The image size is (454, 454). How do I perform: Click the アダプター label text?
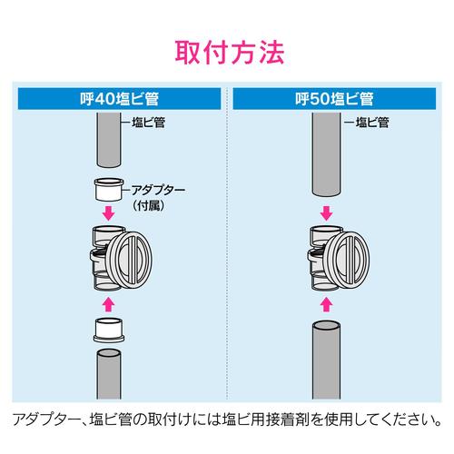point(160,192)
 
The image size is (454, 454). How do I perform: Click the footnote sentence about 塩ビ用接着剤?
point(227,419)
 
